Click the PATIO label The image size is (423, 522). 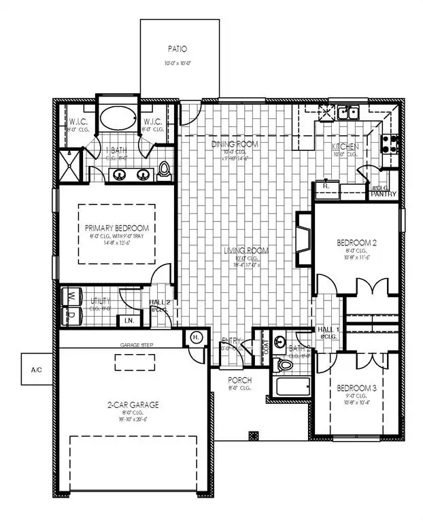180,49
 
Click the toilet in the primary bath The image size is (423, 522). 165,172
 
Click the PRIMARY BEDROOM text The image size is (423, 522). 117,228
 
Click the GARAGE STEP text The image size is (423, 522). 137,345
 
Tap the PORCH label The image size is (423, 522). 241,380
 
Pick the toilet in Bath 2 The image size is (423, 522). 285,364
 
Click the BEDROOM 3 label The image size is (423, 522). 358,389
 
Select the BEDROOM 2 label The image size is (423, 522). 358,243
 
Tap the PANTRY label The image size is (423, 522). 384,194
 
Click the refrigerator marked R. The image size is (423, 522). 326,186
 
